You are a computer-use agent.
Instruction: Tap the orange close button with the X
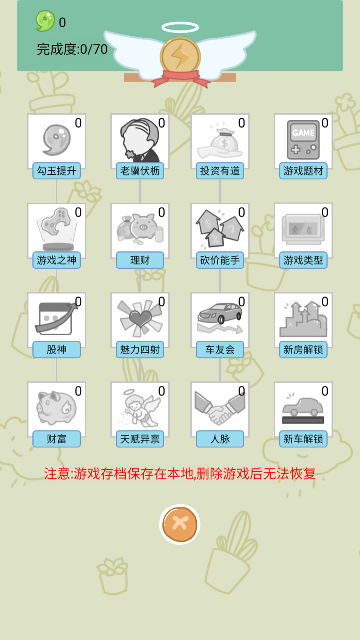(180, 524)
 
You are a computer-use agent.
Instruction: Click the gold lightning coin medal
(180, 57)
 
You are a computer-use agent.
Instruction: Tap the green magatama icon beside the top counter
(45, 21)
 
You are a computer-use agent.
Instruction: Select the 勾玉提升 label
(57, 171)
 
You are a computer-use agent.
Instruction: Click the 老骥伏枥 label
(140, 171)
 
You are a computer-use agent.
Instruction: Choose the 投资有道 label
(220, 171)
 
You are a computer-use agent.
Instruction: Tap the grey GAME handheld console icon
(303, 140)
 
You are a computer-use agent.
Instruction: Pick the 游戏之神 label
(57, 260)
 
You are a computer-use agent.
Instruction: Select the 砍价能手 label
(220, 260)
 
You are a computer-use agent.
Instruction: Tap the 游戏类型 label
(303, 260)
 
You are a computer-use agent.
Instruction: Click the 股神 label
(57, 350)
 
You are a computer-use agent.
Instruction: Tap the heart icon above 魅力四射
(140, 318)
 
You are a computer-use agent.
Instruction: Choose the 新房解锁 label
(303, 350)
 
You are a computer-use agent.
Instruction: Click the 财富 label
(57, 439)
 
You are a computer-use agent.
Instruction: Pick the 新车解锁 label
(303, 439)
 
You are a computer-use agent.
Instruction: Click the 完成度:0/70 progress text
(72, 49)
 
